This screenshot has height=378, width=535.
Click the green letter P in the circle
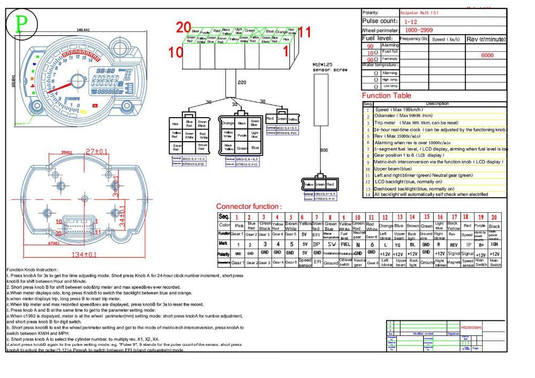pos(21,24)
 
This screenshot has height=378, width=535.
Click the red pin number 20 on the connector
pos(184,28)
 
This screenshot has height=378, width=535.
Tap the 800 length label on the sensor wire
pos(324,150)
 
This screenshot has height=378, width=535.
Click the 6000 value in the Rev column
pos(486,56)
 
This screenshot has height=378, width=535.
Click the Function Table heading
pos(386,96)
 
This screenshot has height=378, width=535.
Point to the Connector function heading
pos(248,206)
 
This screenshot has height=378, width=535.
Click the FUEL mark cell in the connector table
pos(346,244)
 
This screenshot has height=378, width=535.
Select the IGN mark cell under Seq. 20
pos(495,244)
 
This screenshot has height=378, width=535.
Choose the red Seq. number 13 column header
pos(399,217)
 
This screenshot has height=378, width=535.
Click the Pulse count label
pos(380,21)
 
